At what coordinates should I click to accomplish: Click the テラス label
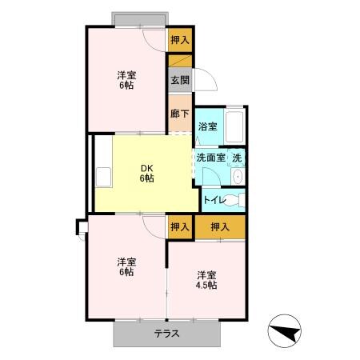(x=166, y=334)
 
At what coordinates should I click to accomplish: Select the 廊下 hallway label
(x=180, y=113)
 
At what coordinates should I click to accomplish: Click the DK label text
(x=146, y=167)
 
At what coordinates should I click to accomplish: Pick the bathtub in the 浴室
(x=234, y=126)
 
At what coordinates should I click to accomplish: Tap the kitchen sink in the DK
(x=104, y=176)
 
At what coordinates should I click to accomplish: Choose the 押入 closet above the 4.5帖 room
(x=220, y=226)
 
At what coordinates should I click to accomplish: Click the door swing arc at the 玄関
(x=204, y=80)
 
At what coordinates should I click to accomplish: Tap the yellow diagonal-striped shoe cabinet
(x=180, y=61)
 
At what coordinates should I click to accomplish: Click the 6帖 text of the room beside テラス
(x=126, y=272)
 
